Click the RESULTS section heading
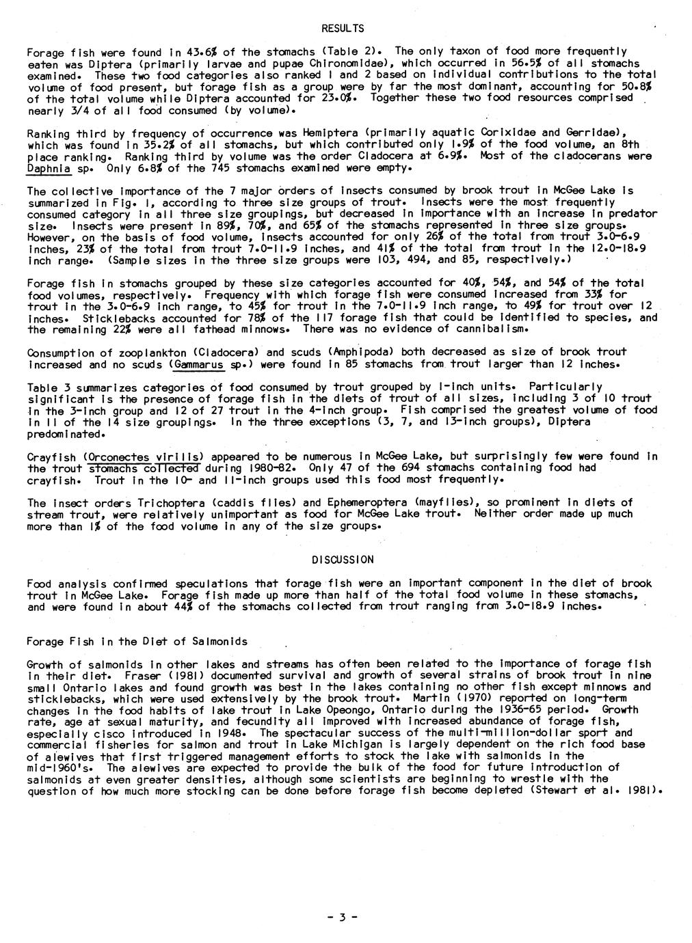point(343,28)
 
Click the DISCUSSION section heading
point(343,560)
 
